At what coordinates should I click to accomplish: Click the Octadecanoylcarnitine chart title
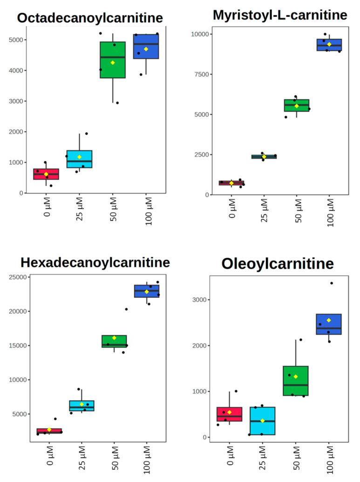[90, 18]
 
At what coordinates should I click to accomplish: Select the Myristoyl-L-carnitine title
[280, 15]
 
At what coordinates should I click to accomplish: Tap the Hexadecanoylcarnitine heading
[95, 263]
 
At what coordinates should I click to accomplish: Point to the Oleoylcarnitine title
[278, 264]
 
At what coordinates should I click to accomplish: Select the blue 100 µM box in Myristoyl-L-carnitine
[329, 45]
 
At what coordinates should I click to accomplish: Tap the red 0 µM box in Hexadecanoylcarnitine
[49, 431]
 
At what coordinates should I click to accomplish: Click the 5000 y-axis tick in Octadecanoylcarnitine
[17, 40]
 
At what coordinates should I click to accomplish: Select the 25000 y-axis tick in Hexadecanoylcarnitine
[19, 278]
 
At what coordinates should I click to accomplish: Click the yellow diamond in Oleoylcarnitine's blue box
[329, 320]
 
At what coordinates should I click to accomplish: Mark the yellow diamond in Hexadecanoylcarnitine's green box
[114, 338]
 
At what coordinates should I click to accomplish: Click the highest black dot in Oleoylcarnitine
[332, 283]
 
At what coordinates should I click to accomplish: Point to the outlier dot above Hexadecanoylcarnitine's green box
[126, 309]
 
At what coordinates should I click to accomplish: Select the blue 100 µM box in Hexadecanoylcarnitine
[147, 291]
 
